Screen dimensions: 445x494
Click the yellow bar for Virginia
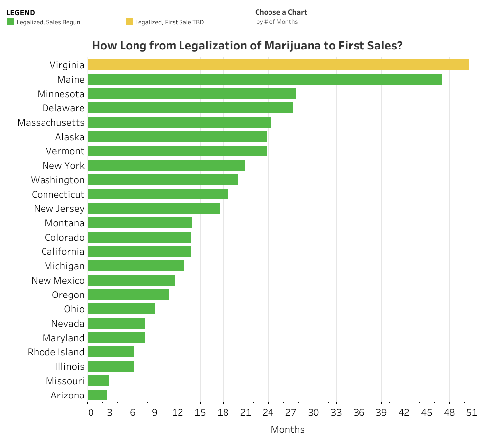click(278, 65)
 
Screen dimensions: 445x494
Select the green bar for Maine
click(265, 79)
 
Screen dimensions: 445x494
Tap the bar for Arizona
click(97, 395)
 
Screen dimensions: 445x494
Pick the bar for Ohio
click(121, 309)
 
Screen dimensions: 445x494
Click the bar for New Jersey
click(153, 208)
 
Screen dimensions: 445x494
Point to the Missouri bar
click(98, 381)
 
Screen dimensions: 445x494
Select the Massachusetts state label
click(51, 122)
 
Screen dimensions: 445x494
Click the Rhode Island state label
click(56, 352)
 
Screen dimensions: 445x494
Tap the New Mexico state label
click(58, 280)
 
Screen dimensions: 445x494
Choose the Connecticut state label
click(58, 194)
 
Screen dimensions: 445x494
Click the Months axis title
click(287, 429)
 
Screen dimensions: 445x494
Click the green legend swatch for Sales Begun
click(11, 22)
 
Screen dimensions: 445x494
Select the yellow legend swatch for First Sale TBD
click(130, 22)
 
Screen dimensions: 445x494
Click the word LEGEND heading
click(20, 13)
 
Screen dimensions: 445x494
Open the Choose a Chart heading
click(281, 12)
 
